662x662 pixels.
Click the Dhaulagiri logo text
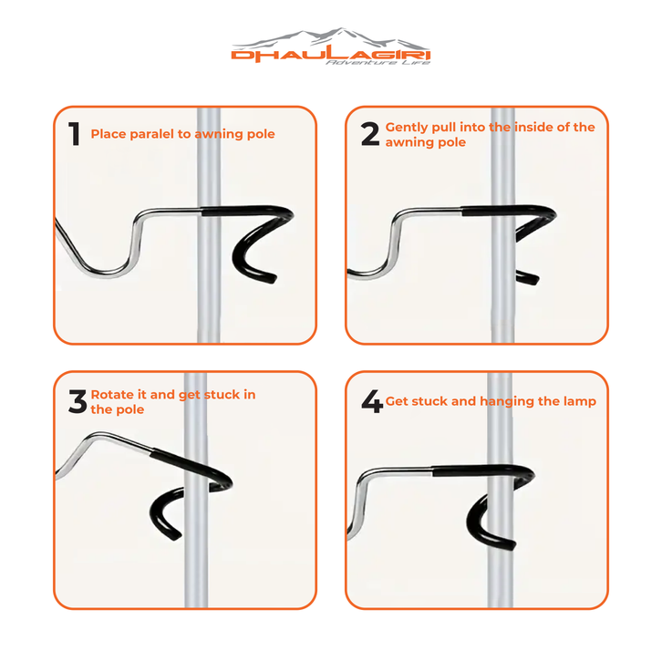point(331,55)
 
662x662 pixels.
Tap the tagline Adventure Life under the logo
point(378,63)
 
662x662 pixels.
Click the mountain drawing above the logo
point(331,38)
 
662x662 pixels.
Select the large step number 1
point(74,133)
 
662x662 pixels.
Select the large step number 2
point(370,134)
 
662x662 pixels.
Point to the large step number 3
point(78,401)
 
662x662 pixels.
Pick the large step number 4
point(372,401)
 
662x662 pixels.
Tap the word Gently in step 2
point(405,128)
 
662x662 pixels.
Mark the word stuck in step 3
point(222,394)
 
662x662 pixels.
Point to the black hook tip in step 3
point(176,535)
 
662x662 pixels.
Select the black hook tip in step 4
point(510,545)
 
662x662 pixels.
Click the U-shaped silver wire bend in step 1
point(106,273)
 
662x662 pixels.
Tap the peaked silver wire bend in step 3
point(99,434)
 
